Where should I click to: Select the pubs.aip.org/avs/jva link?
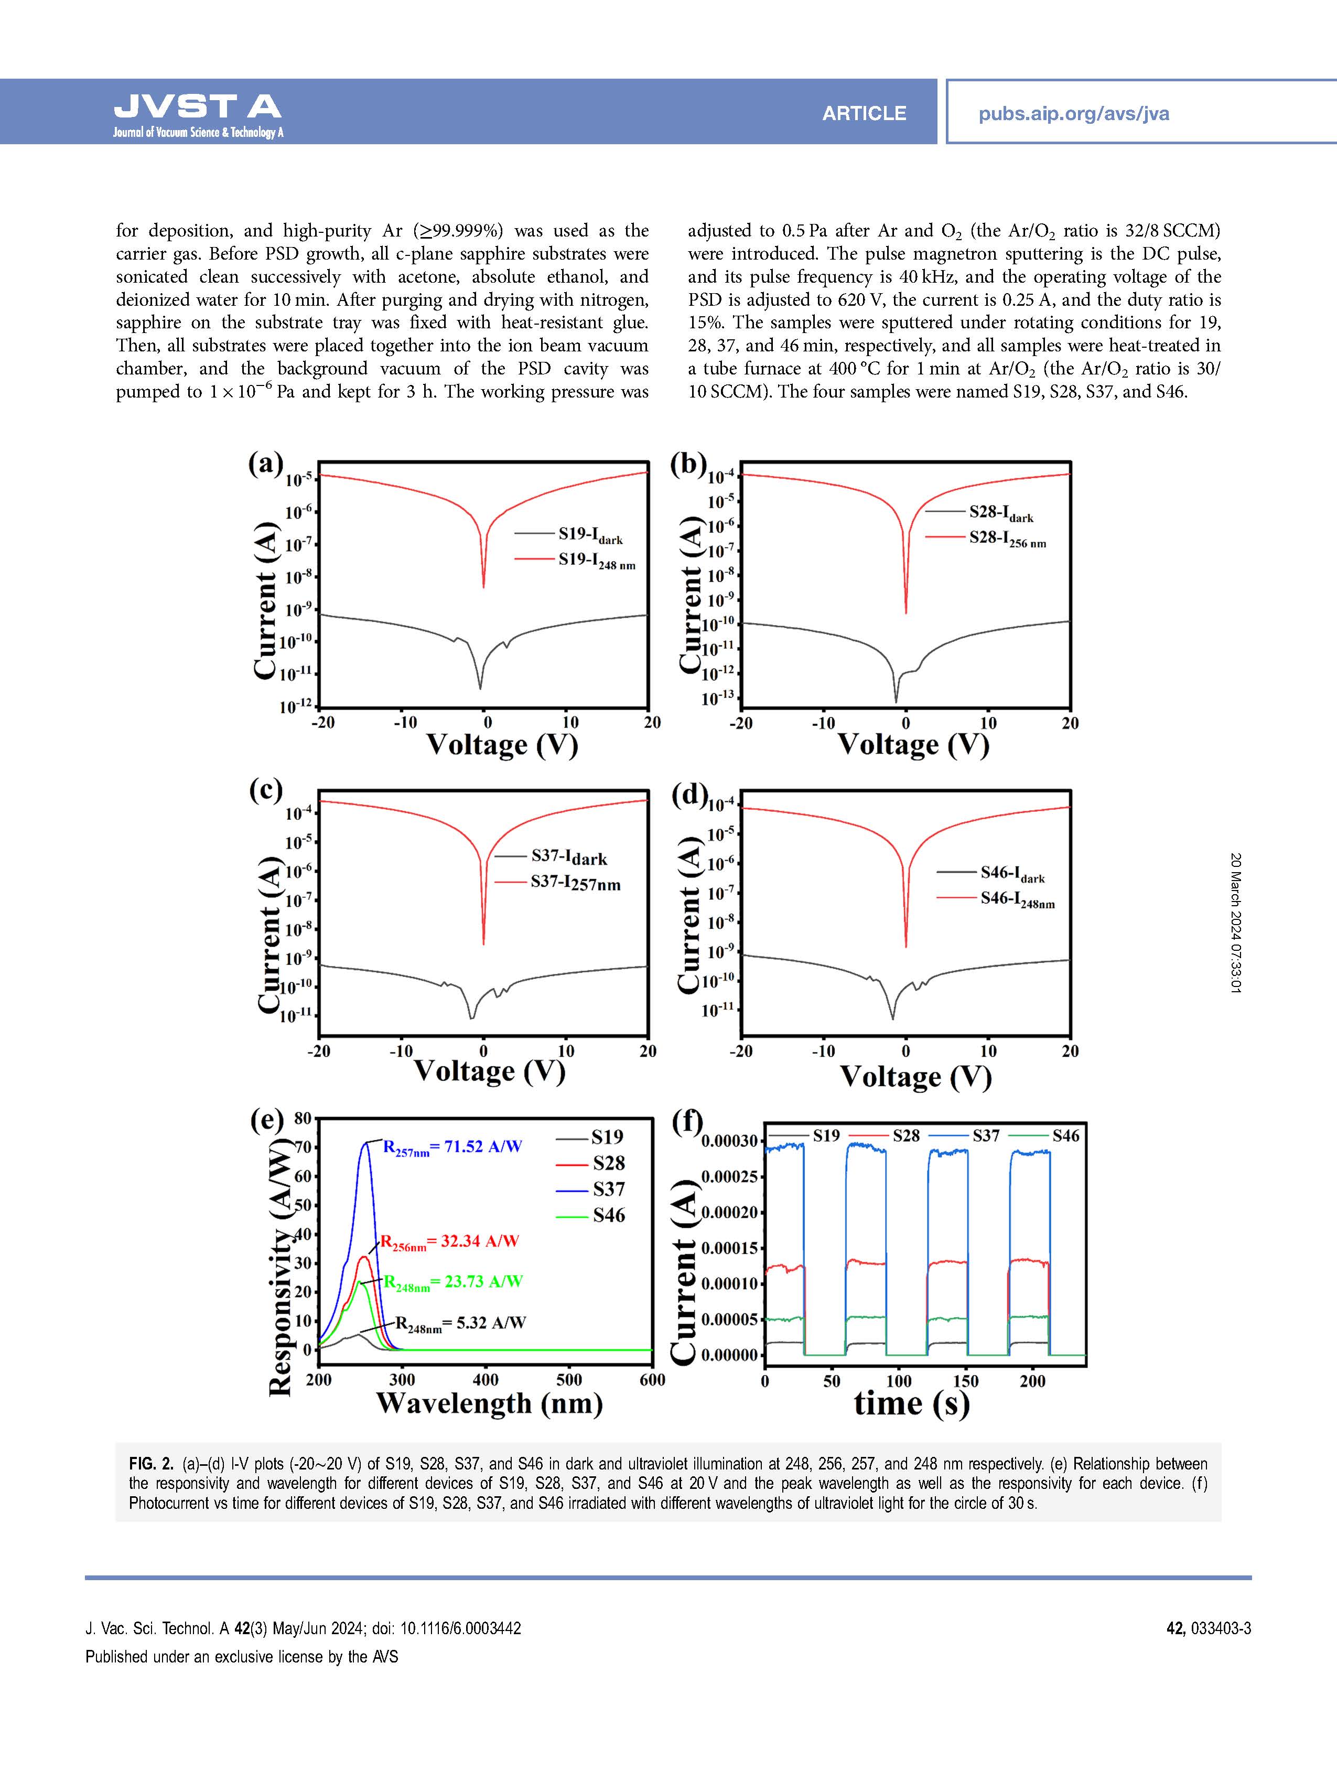point(1073,114)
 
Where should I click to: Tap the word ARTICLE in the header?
point(864,114)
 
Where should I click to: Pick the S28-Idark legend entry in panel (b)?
point(1000,513)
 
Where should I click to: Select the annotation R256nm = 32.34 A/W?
point(449,1242)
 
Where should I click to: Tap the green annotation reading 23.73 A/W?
point(453,1282)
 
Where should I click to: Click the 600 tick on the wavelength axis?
point(652,1379)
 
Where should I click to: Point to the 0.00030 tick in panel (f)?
point(728,1140)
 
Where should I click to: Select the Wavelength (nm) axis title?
point(489,1403)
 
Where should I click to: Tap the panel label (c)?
point(266,790)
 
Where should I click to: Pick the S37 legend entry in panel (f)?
point(986,1135)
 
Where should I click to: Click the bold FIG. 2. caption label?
point(150,1464)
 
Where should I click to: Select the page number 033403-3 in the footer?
point(1220,1628)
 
